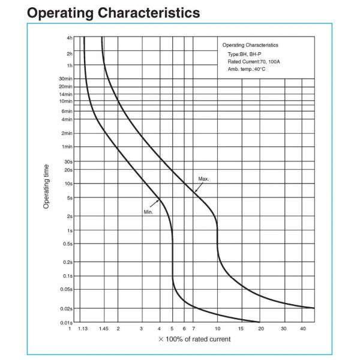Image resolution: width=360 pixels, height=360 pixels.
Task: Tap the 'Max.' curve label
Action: pos(204,179)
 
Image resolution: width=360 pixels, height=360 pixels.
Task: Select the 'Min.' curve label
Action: pos(149,212)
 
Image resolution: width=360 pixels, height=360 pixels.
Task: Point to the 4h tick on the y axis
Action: pos(70,38)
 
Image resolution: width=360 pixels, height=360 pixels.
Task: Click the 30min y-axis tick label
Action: pos(66,79)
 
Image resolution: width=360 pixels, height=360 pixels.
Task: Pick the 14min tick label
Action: pos(66,94)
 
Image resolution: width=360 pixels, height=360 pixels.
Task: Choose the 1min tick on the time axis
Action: pos(67,146)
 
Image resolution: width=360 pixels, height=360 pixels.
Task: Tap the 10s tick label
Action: pos(68,184)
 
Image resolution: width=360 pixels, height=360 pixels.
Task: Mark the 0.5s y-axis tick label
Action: pos(67,244)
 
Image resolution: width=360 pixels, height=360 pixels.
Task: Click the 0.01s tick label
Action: pos(66,323)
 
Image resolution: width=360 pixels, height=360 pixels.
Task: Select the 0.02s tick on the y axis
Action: pos(66,308)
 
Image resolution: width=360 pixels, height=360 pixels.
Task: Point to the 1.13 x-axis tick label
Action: pos(83,329)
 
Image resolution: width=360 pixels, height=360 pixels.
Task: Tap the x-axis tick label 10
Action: pos(217,329)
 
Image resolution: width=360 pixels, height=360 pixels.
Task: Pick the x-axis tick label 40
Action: pos(303,329)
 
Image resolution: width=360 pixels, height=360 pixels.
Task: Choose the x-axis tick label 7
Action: pos(193,329)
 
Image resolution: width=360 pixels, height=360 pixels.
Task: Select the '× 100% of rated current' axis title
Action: pos(194,340)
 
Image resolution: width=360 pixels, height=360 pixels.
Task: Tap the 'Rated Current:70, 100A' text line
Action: pos(254,62)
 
